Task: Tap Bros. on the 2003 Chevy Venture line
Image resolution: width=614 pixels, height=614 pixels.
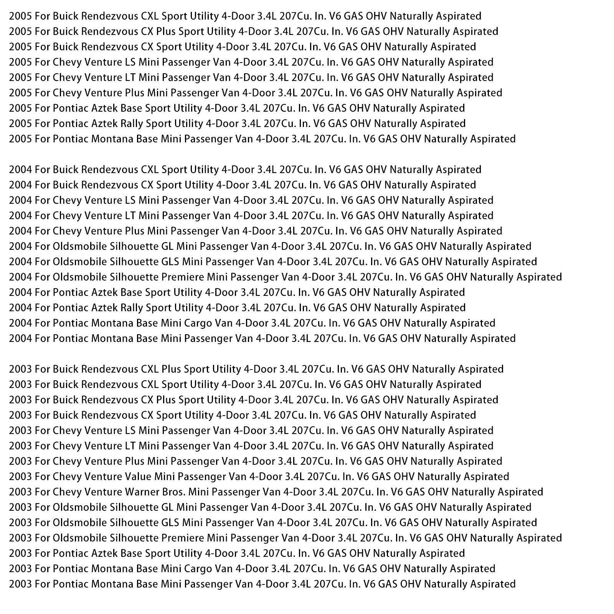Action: pos(197,492)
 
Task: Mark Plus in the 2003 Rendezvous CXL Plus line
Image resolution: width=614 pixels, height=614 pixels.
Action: pos(171,369)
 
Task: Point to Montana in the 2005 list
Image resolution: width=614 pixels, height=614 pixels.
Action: pos(112,139)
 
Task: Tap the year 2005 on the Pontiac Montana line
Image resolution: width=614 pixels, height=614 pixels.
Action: pos(20,139)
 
